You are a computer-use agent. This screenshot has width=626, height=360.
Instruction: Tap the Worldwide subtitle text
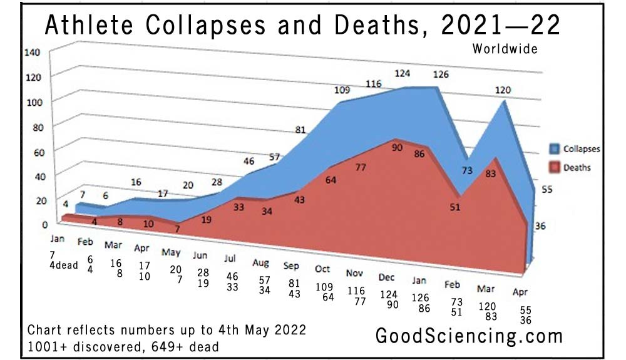(x=505, y=49)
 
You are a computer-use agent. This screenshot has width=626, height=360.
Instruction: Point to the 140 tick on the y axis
(x=32, y=53)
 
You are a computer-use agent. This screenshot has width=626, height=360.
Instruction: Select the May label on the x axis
(x=171, y=254)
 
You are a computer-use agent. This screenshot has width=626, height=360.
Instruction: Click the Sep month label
(x=291, y=265)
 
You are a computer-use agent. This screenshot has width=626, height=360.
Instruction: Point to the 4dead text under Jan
(x=63, y=265)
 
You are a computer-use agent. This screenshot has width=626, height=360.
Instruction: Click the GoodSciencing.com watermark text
(x=469, y=336)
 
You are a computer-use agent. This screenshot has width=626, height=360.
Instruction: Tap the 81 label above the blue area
(x=300, y=130)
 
